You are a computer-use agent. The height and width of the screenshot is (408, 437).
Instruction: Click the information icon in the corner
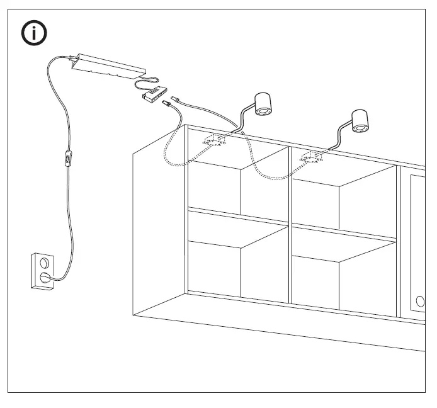tap(33, 33)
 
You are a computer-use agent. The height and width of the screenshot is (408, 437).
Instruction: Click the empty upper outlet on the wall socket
tap(44, 261)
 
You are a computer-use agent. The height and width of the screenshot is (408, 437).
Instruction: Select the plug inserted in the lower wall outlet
tap(45, 276)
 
